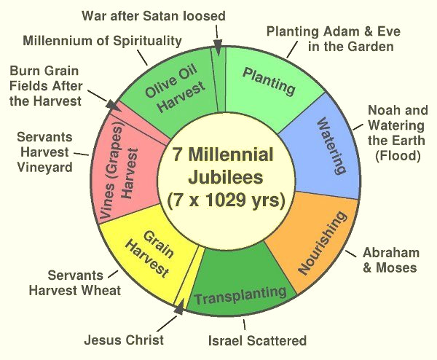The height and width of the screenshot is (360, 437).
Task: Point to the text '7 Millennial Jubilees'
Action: pyautogui.click(x=224, y=167)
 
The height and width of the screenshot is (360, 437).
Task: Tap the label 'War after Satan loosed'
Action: pyautogui.click(x=154, y=15)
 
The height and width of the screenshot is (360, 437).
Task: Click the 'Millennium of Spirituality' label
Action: pyautogui.click(x=102, y=40)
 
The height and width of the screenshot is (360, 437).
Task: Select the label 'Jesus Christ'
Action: pyautogui.click(x=124, y=340)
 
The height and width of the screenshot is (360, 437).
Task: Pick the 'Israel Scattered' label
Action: pyautogui.click(x=257, y=340)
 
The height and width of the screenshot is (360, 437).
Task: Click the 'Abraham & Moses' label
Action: pyautogui.click(x=392, y=260)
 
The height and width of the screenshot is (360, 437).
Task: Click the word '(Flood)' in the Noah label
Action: pyautogui.click(x=395, y=154)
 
